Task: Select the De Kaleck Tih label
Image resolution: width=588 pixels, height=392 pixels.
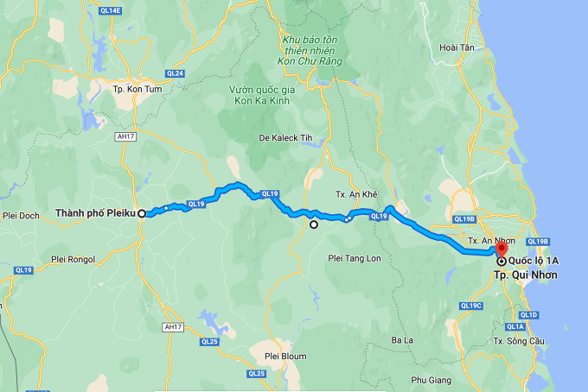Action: [285, 137]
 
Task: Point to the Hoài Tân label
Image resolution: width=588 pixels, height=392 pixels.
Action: [457, 48]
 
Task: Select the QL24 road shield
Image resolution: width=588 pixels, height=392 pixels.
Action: [176, 73]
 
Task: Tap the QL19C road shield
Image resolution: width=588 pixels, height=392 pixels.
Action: [471, 306]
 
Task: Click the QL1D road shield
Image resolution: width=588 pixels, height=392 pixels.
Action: [529, 315]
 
